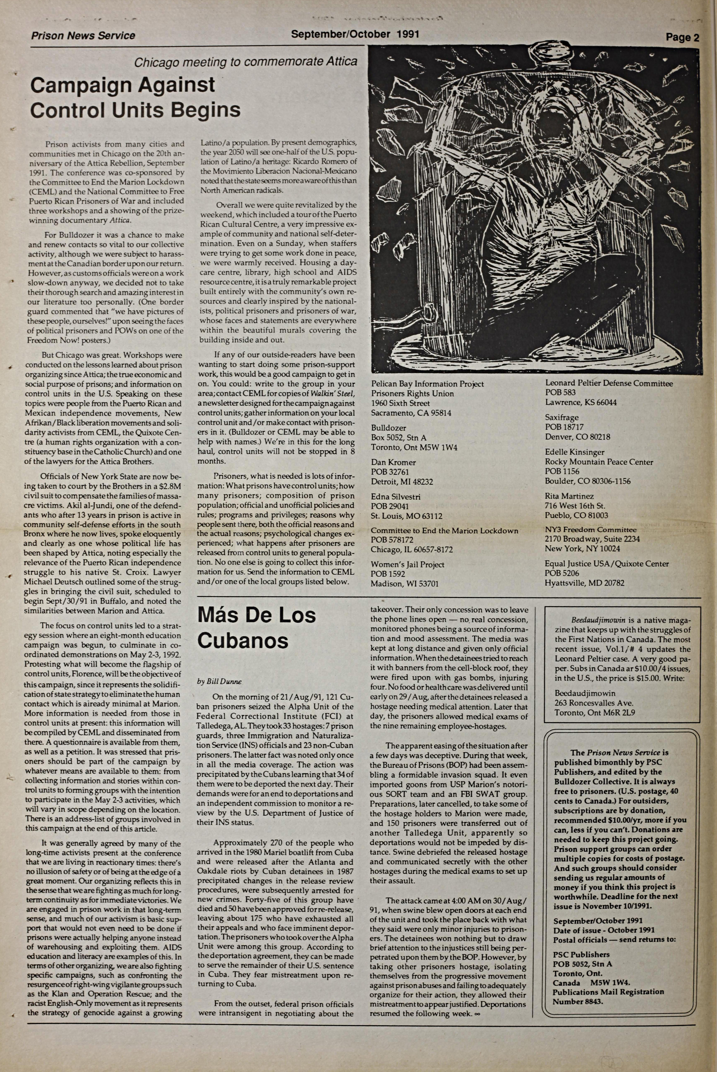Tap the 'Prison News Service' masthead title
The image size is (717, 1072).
pyautogui.click(x=83, y=36)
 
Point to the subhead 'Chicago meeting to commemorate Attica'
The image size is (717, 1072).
pyautogui.click(x=246, y=62)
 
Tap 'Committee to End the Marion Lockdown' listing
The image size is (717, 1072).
pyautogui.click(x=444, y=530)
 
